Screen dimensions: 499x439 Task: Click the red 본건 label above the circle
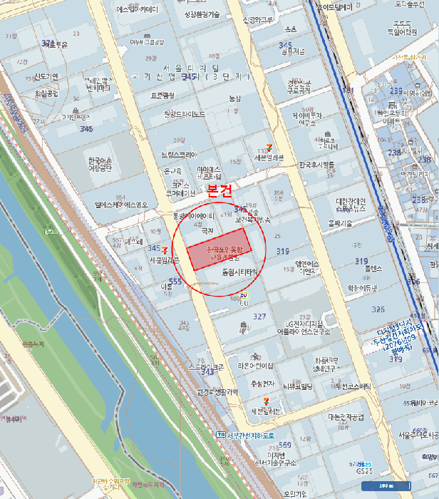pyautogui.click(x=219, y=191)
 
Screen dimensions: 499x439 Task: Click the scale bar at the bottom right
pyautogui.click(x=383, y=486)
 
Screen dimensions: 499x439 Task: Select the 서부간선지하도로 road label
pyautogui.click(x=249, y=435)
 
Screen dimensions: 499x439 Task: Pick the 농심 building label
pyautogui.click(x=235, y=98)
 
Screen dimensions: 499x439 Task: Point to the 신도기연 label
pyautogui.click(x=46, y=76)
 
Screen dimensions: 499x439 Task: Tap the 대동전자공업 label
pyautogui.click(x=346, y=417)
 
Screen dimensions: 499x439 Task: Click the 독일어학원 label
pyautogui.click(x=401, y=31)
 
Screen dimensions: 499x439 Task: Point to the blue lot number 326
pyautogui.click(x=378, y=310)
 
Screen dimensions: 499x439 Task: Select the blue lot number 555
pyautogui.click(x=175, y=282)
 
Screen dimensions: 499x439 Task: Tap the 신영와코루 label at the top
pyautogui.click(x=257, y=20)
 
